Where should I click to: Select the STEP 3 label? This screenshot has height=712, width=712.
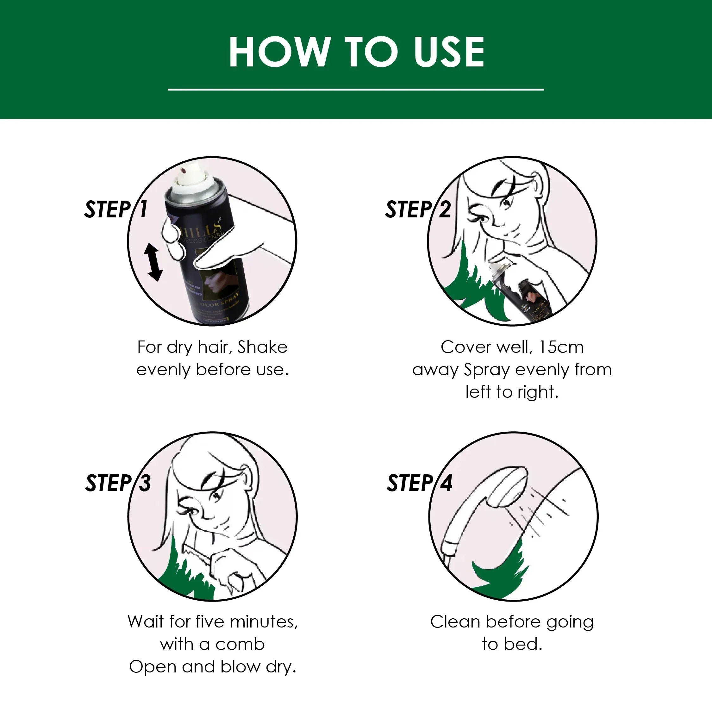[x=118, y=483]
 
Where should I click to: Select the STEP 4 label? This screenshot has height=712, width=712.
[x=419, y=483]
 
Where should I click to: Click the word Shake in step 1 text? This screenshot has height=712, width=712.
[x=262, y=347]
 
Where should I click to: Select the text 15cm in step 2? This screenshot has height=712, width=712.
[x=561, y=347]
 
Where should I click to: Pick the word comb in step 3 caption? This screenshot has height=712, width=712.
[x=240, y=645]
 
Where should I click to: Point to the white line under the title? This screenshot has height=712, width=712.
[x=356, y=89]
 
